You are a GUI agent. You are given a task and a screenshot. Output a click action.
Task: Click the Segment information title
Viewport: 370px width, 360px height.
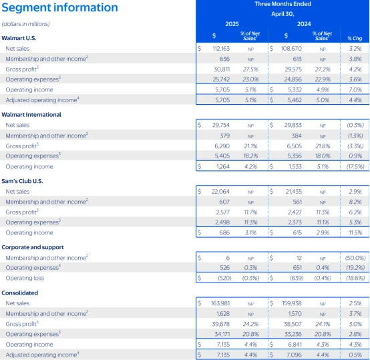pos(59,7)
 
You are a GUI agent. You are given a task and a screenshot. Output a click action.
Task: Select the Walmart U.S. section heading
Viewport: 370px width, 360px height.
pos(19,38)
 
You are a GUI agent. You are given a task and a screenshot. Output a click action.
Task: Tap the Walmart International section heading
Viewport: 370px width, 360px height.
pos(31,115)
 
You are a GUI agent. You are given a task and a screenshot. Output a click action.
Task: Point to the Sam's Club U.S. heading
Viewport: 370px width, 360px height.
pos(22,181)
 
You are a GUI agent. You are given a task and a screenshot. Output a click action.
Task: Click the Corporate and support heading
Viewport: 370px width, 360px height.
pos(33,247)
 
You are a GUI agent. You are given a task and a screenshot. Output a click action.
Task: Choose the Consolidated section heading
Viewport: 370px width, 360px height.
pos(20,293)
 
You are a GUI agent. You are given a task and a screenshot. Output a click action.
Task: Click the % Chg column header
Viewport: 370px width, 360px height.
pos(355,38)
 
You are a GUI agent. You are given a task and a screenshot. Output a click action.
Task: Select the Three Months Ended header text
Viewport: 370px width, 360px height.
pos(283,4)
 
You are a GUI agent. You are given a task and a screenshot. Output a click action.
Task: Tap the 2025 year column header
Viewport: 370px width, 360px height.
pos(232,24)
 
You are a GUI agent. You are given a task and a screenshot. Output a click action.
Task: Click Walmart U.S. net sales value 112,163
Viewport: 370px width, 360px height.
pos(221,49)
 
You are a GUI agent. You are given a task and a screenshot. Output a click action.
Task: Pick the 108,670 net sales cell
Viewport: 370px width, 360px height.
pos(291,49)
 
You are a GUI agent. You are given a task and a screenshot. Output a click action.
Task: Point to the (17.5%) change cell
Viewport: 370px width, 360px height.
pos(355,166)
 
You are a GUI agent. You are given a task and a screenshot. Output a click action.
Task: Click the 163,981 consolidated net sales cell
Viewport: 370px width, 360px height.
pos(220,303)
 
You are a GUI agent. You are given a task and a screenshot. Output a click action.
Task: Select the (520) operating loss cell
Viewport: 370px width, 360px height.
pos(224,278)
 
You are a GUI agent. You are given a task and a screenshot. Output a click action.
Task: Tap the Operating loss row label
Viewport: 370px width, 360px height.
pos(25,278)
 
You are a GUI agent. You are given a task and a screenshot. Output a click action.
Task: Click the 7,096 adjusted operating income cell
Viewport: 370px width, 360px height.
pos(295,355)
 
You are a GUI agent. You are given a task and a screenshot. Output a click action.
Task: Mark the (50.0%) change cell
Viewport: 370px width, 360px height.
pos(355,258)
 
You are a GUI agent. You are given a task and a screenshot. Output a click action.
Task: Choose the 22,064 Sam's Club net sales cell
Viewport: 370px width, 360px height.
pos(220,191)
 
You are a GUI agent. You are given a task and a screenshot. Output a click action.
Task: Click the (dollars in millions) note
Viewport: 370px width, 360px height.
pos(25,24)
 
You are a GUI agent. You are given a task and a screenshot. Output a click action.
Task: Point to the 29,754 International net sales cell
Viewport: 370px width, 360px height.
pos(220,125)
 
